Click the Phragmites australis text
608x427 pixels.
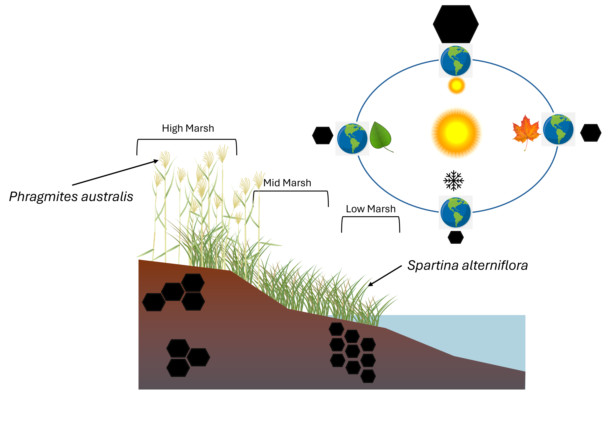[71, 197]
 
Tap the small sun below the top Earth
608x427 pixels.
[456, 86]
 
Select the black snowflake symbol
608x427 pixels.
[454, 181]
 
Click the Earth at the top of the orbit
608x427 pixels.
[455, 61]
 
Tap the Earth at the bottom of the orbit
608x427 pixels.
[455, 212]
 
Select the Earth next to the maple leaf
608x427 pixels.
[558, 129]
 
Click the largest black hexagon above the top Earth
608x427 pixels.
[455, 24]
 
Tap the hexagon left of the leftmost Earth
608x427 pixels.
[322, 135]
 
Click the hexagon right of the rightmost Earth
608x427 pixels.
[591, 133]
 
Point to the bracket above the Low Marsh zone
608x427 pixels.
[370, 217]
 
